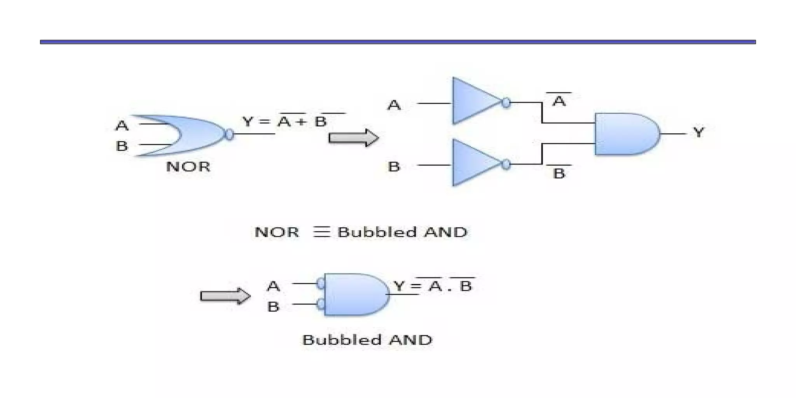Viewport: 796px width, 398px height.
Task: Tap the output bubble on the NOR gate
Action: tap(230, 134)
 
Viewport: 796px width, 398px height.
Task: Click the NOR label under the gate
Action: tap(188, 167)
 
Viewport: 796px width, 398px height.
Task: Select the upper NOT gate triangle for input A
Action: tap(472, 101)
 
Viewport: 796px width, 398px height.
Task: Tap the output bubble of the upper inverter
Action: tap(506, 103)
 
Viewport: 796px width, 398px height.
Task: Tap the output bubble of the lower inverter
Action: tap(506, 164)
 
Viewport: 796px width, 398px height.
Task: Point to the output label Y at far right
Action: tap(698, 133)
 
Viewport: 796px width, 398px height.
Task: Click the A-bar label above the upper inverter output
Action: tap(559, 101)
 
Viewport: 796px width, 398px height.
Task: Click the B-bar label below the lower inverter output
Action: tap(559, 173)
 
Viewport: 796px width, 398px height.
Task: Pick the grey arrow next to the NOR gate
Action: tap(353, 138)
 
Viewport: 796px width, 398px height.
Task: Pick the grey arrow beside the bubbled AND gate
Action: tap(225, 296)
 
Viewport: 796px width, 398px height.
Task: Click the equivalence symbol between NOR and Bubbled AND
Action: tap(322, 232)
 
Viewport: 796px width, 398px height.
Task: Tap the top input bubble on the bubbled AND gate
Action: tap(321, 283)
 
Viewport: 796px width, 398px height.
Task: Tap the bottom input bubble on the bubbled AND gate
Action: tap(321, 304)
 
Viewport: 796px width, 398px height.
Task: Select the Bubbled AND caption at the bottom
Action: tap(367, 340)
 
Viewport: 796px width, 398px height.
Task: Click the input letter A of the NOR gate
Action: tap(122, 126)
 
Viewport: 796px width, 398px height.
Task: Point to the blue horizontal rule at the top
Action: tap(398, 42)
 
